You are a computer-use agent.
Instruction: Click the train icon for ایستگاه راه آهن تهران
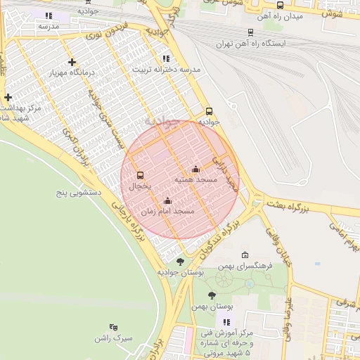pos(251,32)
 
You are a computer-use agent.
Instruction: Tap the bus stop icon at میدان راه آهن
pos(280,6)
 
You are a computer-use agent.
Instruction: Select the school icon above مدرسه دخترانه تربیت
pos(166,59)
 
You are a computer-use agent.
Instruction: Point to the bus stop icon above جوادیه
pos(208,111)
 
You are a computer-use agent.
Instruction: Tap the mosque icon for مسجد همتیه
pos(195,169)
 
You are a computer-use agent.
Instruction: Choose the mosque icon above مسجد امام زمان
pos(167,200)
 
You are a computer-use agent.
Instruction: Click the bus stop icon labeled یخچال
pos(140,175)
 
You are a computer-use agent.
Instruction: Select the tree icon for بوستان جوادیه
pos(180,262)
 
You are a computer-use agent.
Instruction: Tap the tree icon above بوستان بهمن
pos(212,295)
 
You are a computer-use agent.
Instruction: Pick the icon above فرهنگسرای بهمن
pos(244,255)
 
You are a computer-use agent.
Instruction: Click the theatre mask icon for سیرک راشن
pos(114,327)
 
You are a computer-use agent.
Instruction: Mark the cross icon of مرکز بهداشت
pos(8,98)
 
